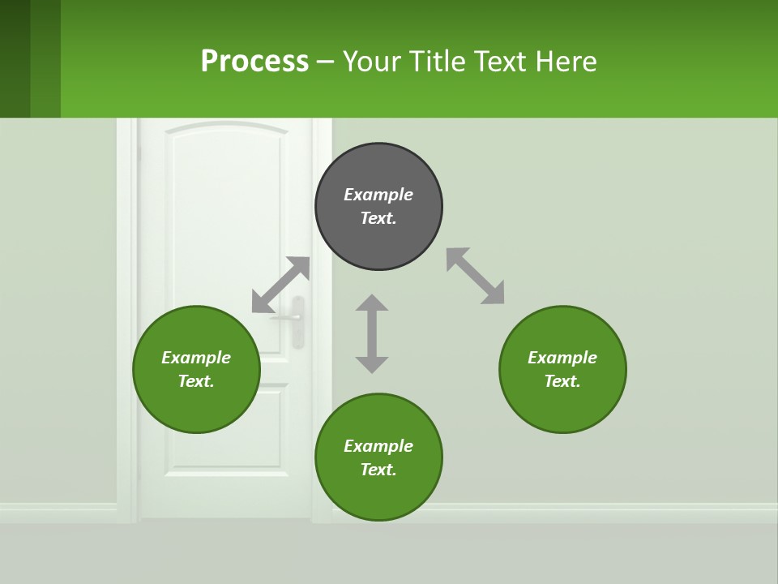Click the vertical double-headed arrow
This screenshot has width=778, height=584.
point(372,333)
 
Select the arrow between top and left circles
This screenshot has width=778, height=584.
point(280,285)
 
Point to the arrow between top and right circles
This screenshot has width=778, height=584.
point(475,276)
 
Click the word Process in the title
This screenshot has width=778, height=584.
point(254,61)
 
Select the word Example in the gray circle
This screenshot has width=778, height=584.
point(378,195)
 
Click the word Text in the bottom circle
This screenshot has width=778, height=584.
point(377,470)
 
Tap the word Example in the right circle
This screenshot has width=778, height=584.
point(562,358)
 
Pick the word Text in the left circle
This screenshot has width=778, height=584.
point(194,381)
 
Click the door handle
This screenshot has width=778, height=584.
point(297,320)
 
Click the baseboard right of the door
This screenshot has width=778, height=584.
point(567,513)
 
